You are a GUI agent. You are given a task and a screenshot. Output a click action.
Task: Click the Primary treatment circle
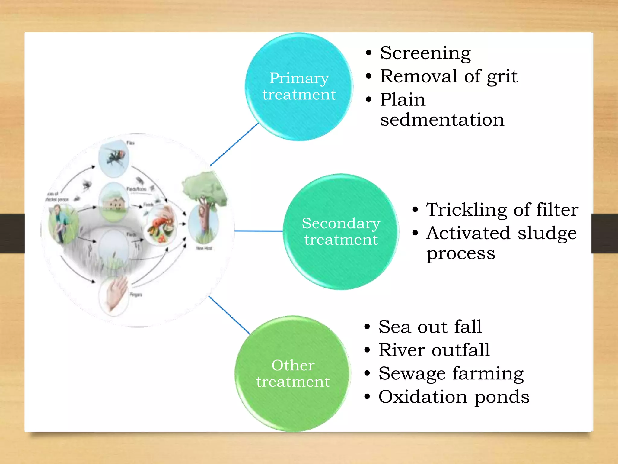click(x=299, y=87)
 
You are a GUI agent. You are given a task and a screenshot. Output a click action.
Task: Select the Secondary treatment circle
click(x=341, y=232)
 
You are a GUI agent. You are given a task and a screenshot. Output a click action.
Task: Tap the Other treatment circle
click(x=293, y=374)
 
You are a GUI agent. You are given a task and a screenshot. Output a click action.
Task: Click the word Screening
click(x=425, y=53)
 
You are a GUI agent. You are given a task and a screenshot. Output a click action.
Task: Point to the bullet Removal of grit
click(x=448, y=76)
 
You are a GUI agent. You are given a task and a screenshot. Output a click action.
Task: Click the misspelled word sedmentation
click(x=442, y=120)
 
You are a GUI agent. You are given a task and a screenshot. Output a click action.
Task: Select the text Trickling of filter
click(x=502, y=210)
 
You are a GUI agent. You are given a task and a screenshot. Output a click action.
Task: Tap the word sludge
click(x=547, y=233)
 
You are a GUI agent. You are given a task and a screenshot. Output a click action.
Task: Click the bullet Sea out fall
click(x=430, y=327)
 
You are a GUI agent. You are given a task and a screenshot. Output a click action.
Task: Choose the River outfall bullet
click(x=434, y=350)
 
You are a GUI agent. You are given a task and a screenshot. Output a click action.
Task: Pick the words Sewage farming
click(x=451, y=374)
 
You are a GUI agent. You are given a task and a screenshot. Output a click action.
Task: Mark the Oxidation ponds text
click(x=454, y=397)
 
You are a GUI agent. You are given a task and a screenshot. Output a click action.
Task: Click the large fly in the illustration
click(x=115, y=157)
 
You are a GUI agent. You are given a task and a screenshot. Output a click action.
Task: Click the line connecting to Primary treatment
click(x=234, y=144)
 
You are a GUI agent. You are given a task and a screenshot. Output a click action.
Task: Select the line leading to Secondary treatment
click(x=258, y=231)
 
